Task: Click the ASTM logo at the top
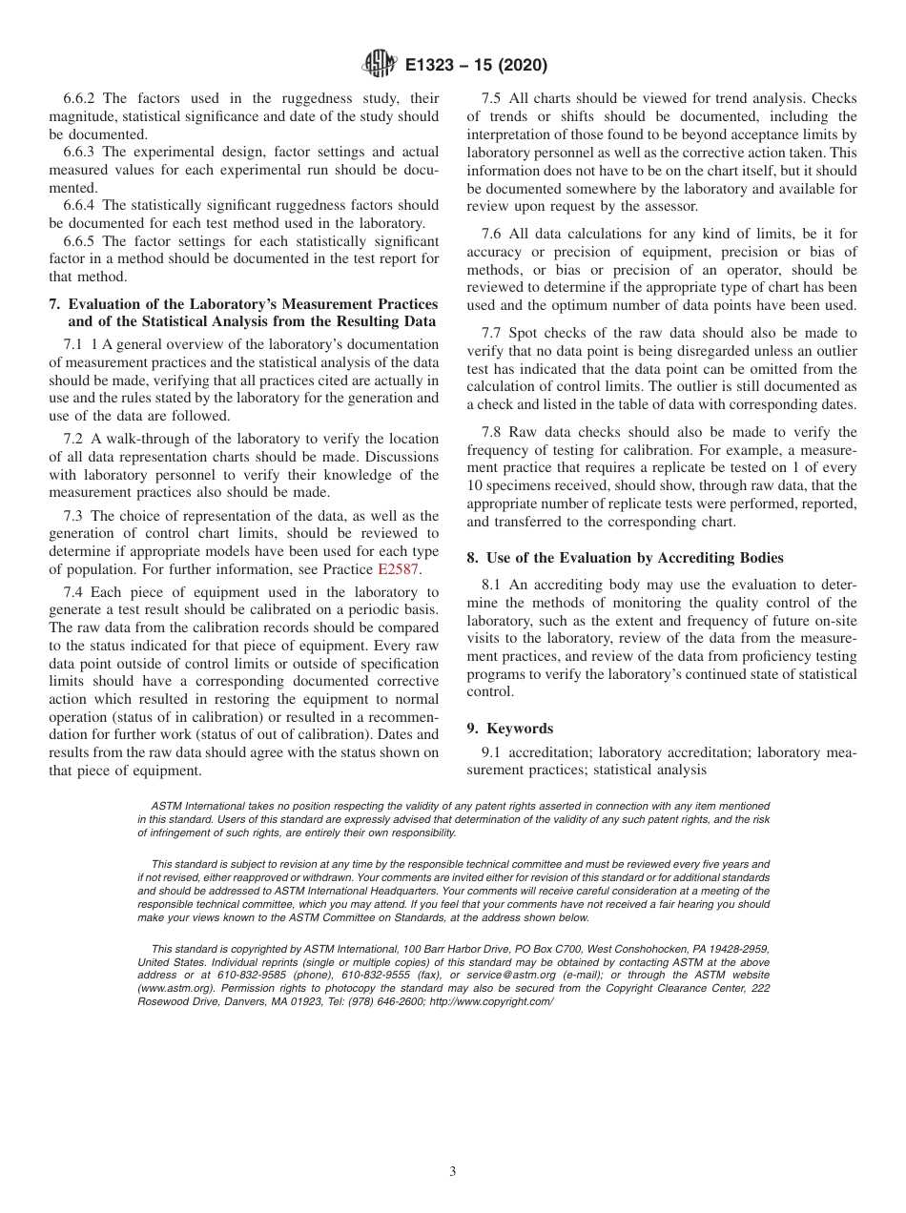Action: click(381, 65)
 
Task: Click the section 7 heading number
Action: click(53, 304)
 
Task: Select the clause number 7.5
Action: click(493, 98)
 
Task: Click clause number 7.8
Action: click(493, 432)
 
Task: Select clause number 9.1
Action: click(493, 752)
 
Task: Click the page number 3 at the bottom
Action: click(453, 1172)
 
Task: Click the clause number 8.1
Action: click(493, 585)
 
